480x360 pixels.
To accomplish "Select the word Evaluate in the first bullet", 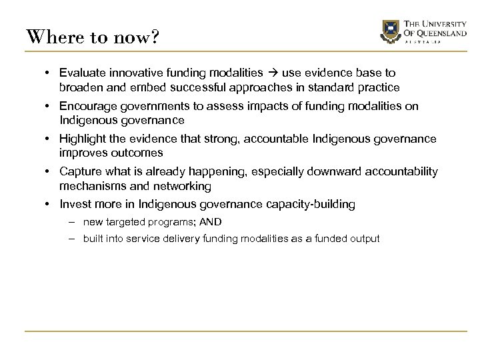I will [x=81, y=72].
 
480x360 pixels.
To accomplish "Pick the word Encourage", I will [x=87, y=106].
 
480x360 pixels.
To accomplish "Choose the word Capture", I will [x=79, y=172].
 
